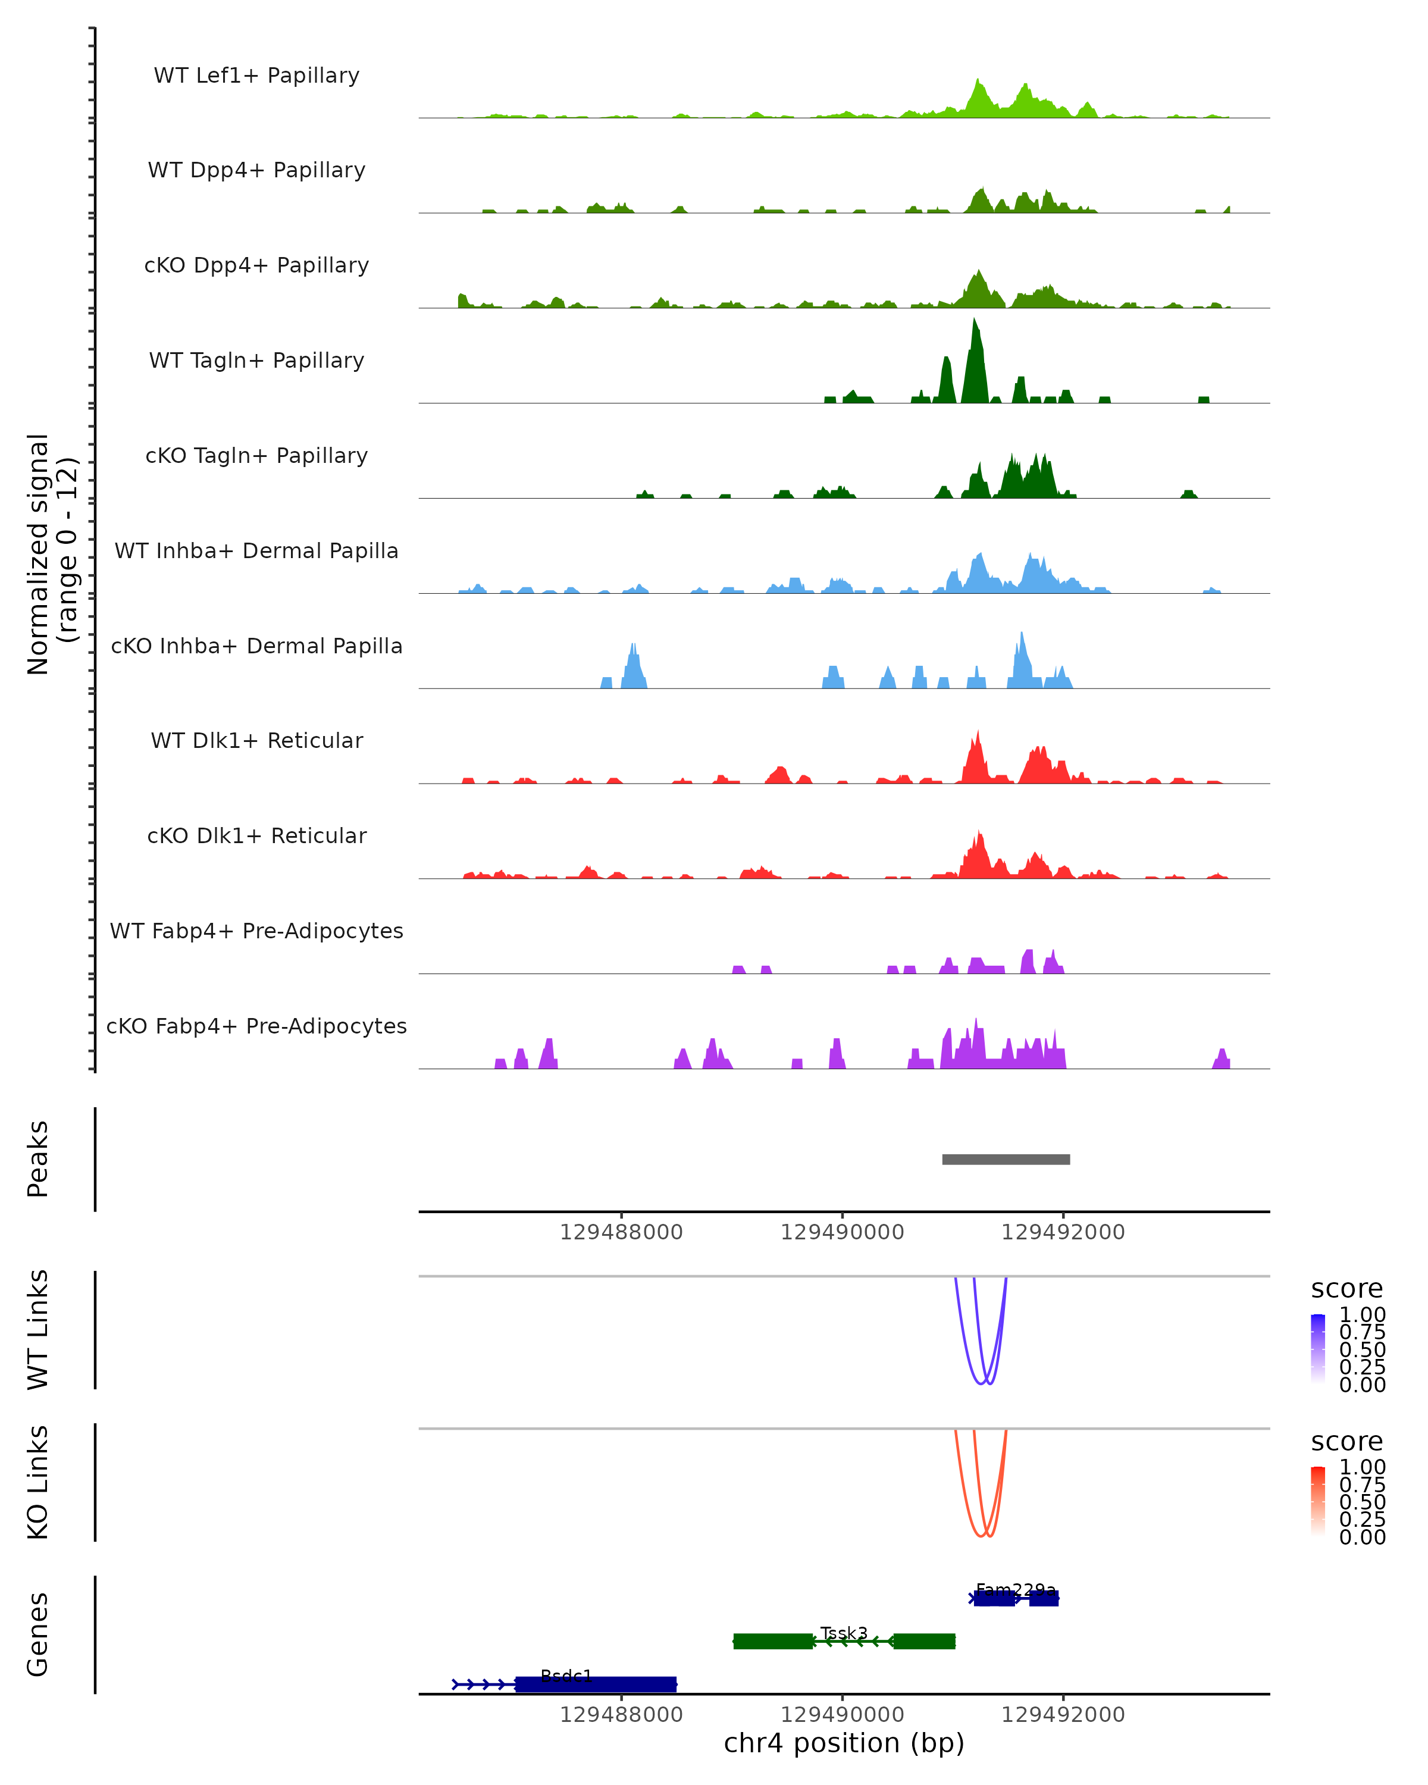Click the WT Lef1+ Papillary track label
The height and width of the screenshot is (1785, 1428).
256,76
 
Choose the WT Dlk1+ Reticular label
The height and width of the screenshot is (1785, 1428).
256,740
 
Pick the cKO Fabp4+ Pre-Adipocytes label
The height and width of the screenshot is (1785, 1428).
256,1026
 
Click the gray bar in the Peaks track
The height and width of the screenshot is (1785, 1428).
1006,1159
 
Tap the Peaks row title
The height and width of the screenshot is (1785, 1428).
38,1159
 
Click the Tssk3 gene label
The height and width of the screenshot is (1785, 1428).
844,1633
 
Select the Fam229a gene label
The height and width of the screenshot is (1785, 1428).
1016,1590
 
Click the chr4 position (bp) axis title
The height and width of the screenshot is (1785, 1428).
844,1743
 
